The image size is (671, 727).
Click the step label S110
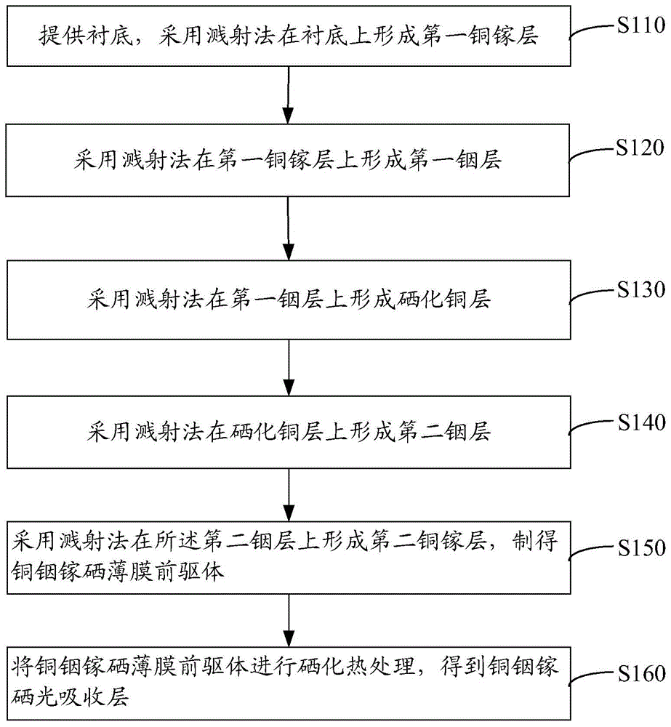[x=641, y=25]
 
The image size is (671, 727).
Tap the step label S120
[x=640, y=148]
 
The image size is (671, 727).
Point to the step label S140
[x=642, y=422]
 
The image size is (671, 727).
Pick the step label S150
[x=642, y=548]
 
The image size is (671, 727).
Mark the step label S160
[x=642, y=674]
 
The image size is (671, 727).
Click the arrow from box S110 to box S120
[x=289, y=95]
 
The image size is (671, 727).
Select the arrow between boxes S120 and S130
[x=289, y=228]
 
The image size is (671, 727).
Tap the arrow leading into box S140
[x=289, y=368]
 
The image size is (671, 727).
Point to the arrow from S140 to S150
[x=289, y=494]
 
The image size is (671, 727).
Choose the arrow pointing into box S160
[x=289, y=620]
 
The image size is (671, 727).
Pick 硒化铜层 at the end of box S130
[x=444, y=299]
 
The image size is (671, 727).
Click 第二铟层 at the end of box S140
[x=444, y=432]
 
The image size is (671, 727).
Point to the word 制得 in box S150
[x=535, y=541]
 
